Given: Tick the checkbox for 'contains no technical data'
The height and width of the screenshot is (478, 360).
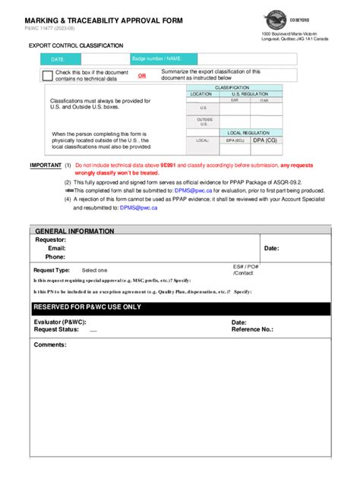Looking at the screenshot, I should [x=47, y=75].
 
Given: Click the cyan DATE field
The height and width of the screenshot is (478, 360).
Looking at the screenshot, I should [x=81, y=58].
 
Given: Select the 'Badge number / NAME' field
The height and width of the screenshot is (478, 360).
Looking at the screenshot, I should [x=163, y=58].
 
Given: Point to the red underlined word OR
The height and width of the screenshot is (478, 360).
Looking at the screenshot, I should [x=142, y=76].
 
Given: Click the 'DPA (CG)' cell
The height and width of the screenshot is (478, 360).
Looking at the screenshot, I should [x=265, y=140].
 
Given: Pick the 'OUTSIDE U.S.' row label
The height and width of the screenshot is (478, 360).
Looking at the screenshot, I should [x=204, y=121].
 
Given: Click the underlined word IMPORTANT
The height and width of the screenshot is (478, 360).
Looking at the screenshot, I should [x=46, y=165].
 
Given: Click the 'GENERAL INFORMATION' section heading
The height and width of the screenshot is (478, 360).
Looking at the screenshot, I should [x=74, y=231].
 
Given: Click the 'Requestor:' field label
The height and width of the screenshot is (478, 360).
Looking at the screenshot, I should [x=50, y=240].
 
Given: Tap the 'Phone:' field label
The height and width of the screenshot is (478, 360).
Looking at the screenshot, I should [x=55, y=256].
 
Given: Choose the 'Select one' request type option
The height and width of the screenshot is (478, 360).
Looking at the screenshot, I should [x=95, y=270].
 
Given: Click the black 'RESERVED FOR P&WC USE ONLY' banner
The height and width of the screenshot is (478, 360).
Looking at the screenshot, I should [x=180, y=307].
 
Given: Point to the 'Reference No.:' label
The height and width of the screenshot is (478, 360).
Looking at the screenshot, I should [x=252, y=330].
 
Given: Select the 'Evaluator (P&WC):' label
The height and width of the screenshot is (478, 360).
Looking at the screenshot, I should [x=62, y=322].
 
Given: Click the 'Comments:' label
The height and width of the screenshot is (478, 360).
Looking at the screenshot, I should [x=51, y=344].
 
